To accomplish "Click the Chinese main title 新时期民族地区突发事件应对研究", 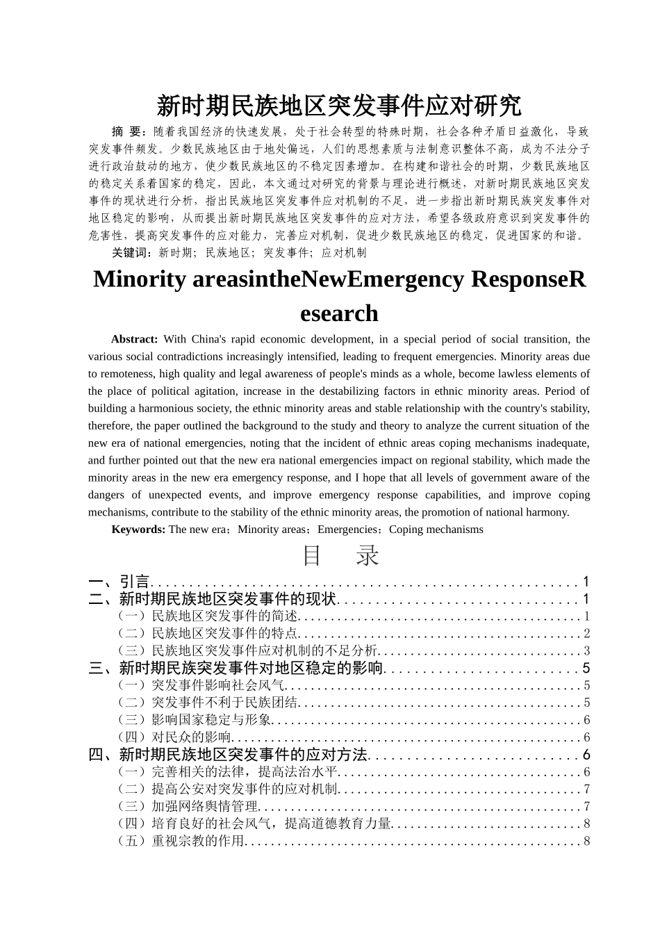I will pos(338,106).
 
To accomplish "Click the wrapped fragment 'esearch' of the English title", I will pos(339,313).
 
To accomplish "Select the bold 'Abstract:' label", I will pos(135,339).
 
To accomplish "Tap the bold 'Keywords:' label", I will pos(138,530).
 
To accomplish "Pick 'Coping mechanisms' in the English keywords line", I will pos(436,530).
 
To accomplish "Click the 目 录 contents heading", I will pos(340,556).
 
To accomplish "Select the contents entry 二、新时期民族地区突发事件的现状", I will pos(213,599).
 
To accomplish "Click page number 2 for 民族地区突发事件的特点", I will pos(586,633).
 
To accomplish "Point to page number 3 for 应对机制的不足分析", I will pos(586,650).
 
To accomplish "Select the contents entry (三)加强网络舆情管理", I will pos(188,806).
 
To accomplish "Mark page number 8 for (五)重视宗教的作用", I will pos(586,841).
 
